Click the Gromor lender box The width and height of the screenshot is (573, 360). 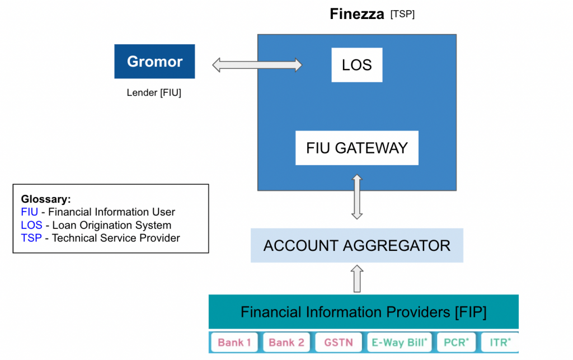coord(154,62)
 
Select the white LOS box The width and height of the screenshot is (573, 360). coord(356,65)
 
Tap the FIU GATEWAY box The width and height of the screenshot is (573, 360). coord(356,148)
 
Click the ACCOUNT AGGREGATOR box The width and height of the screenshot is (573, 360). coord(356,245)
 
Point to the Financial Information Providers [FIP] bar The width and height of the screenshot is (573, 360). coord(363,312)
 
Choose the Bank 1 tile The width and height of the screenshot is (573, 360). coord(234,342)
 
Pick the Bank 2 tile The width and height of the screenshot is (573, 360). coord(285,342)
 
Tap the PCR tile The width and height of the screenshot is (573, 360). coord(455,342)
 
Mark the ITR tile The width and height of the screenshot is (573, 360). coord(500,342)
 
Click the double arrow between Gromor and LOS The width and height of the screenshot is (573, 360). coord(257,65)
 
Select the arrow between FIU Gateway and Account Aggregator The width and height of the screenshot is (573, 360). coord(356,197)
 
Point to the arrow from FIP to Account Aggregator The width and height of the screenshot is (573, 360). coord(356,278)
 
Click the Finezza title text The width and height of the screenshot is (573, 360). coord(357,14)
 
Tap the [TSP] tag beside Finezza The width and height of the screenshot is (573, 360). coord(402,15)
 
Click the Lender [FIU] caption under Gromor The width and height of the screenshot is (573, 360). coord(154,93)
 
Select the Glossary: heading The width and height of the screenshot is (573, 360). coord(46,199)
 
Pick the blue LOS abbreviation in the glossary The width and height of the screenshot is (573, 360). coord(30,225)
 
